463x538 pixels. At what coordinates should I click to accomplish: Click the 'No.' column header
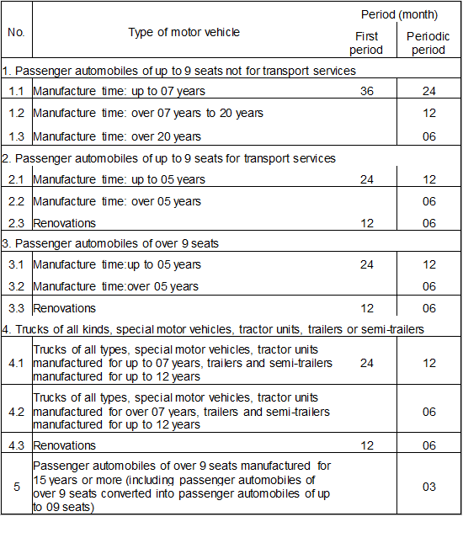[x=16, y=32]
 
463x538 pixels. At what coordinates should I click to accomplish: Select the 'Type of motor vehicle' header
[x=184, y=32]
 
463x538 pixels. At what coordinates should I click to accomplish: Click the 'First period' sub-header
[x=366, y=44]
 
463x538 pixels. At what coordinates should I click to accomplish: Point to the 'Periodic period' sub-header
[x=428, y=44]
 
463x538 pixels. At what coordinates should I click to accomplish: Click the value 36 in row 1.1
[x=366, y=90]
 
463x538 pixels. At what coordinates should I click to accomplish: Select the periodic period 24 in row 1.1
[x=428, y=90]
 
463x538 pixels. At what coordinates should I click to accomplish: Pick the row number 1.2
[x=16, y=113]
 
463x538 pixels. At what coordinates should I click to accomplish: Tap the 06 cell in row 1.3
[x=428, y=136]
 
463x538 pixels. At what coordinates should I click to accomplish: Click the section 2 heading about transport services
[x=168, y=158]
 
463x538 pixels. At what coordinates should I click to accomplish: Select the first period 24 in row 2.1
[x=366, y=179]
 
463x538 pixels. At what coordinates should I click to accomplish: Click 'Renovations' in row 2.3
[x=64, y=223]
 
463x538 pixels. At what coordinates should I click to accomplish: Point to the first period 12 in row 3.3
[x=366, y=308]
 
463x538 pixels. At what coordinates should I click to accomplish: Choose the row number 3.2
[x=16, y=286]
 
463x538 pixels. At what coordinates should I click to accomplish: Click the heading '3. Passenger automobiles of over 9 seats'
[x=110, y=243]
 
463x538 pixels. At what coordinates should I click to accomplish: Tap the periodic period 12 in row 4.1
[x=428, y=363]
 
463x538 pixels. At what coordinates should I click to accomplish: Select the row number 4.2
[x=16, y=412]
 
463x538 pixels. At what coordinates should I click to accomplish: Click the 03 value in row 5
[x=428, y=486]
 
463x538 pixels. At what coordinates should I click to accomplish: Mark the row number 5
[x=16, y=486]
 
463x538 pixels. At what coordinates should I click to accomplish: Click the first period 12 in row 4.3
[x=366, y=445]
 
